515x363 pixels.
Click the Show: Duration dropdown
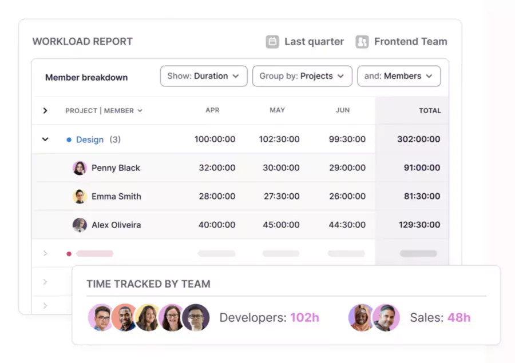[x=203, y=76]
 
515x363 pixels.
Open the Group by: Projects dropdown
[x=302, y=76]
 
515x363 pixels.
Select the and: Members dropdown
[x=399, y=76]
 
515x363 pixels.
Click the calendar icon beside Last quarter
[x=273, y=42]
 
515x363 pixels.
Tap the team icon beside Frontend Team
[x=362, y=42]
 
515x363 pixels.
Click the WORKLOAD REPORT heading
[x=82, y=42]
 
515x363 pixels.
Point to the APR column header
[x=212, y=110]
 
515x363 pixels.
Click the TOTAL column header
[x=430, y=111]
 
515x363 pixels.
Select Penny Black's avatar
[x=80, y=168]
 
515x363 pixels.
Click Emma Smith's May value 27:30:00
[x=281, y=196]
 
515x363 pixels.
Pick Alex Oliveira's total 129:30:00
[x=419, y=225]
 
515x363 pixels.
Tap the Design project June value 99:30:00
[x=347, y=139]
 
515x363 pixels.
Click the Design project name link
[x=90, y=139]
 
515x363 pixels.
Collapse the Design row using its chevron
[x=45, y=139]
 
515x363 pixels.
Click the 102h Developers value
[x=304, y=318]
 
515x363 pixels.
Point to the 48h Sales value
[x=459, y=318]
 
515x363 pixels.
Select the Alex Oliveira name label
[x=116, y=225]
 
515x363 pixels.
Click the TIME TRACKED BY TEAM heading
[x=148, y=284]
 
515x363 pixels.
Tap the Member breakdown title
[x=86, y=77]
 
